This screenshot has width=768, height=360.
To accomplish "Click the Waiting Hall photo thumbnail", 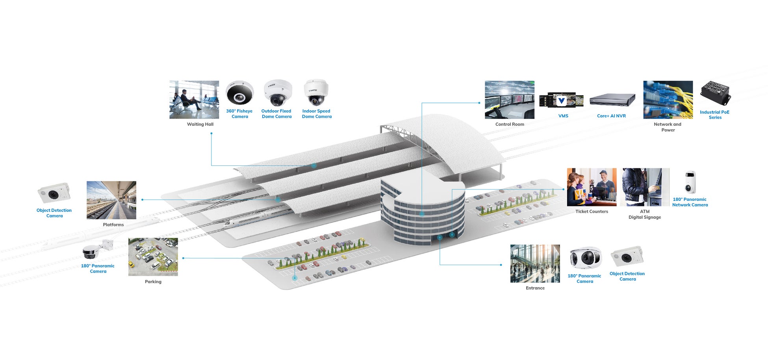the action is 194,100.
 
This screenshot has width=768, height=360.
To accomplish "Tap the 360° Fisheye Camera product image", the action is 239,93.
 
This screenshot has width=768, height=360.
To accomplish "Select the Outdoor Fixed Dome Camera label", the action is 276,114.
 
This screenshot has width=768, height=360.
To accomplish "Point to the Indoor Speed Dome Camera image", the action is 316,93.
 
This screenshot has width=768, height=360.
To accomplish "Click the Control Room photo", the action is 509,100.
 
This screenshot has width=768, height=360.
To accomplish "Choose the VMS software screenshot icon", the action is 561,100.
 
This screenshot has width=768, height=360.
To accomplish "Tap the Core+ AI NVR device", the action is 612,100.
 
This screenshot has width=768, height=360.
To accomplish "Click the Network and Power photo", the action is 668,100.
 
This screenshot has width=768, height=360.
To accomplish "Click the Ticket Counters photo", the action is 592,187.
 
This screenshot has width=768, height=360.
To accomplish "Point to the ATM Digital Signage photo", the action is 644,187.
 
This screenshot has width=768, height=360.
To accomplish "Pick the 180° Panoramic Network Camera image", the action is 690,182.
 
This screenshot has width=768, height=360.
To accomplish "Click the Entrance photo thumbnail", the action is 535,264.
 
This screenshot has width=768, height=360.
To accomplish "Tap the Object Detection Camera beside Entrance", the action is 627,257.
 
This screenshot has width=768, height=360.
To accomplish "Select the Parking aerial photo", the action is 153,257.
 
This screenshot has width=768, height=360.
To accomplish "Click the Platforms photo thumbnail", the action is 111,200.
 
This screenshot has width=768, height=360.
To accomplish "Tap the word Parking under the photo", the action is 153,282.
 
